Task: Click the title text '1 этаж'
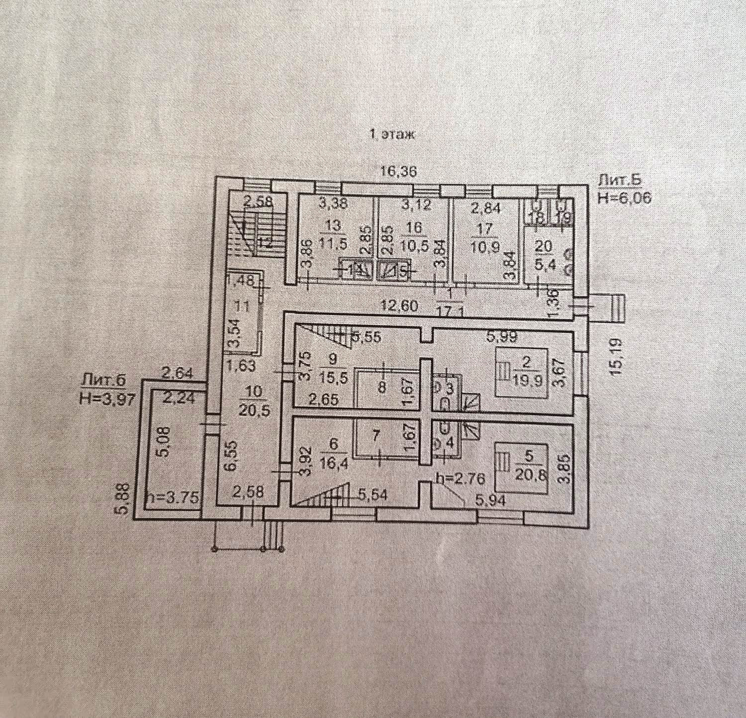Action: (391, 134)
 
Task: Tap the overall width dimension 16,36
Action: (398, 172)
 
